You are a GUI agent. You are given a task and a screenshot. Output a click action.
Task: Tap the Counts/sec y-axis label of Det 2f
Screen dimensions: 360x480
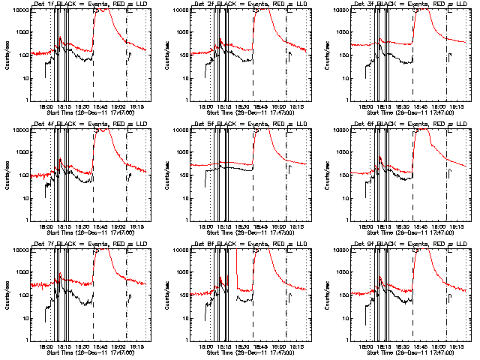click(166, 54)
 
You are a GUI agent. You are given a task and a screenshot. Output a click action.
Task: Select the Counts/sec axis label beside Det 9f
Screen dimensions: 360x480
click(327, 294)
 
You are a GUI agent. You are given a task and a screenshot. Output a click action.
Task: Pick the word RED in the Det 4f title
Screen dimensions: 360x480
click(115, 124)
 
